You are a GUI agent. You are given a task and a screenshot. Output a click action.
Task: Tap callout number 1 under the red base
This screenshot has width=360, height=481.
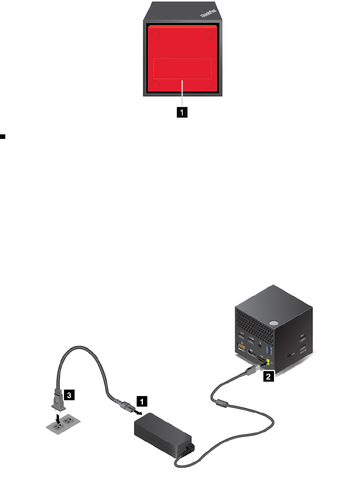point(183,112)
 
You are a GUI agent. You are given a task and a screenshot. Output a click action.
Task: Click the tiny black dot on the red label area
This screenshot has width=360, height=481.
point(158,65)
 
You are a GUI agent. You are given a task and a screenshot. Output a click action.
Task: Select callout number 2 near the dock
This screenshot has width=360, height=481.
point(268,377)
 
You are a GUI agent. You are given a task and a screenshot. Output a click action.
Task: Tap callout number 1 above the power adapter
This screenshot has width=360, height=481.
point(141,400)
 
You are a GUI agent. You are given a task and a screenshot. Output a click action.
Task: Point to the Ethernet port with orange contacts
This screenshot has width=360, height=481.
point(241,347)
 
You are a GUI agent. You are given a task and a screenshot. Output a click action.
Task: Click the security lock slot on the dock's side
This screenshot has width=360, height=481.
point(290,355)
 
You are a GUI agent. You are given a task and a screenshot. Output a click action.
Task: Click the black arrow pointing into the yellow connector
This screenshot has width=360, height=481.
point(262,366)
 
